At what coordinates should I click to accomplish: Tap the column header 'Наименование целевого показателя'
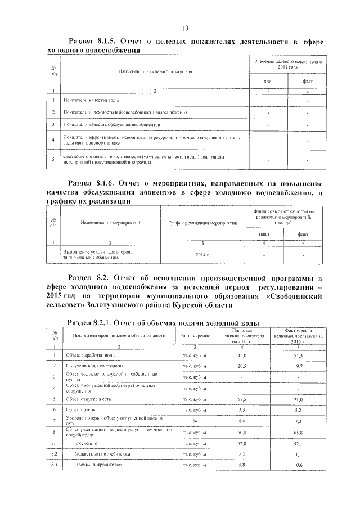[155, 72]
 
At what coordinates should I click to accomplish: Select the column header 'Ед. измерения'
[195, 335]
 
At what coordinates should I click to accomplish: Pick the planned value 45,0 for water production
[241, 355]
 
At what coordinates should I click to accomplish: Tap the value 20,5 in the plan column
[241, 366]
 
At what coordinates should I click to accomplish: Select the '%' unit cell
[195, 421]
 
